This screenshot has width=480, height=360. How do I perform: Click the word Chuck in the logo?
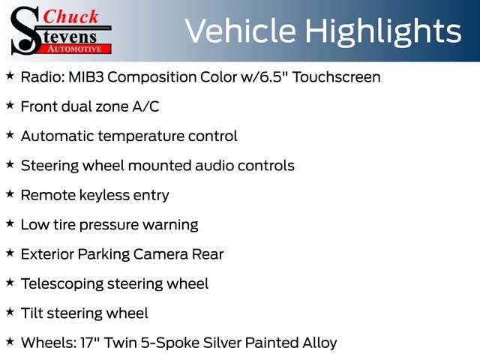coord(70,16)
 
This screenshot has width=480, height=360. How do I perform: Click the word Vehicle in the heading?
coord(241,31)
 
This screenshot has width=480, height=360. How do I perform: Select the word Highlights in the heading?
coord(383,31)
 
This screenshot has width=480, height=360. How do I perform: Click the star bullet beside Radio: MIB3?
coord(10,76)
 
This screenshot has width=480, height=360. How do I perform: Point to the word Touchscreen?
coord(337,76)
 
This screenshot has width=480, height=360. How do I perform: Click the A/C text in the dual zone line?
coord(145,106)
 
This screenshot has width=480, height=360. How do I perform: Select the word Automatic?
coord(57,136)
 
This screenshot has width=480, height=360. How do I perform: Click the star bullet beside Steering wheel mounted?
coord(10,164)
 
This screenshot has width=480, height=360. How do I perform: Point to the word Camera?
coord(160,254)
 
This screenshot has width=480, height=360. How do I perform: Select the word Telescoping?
coord(62,284)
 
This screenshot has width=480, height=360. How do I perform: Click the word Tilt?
coord(31,313)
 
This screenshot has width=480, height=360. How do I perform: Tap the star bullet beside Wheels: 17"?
coord(10,341)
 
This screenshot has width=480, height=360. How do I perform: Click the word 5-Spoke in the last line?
coord(170,343)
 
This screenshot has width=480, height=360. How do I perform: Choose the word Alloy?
coord(319,343)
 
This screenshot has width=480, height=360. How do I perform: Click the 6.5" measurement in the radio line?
coord(274,76)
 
